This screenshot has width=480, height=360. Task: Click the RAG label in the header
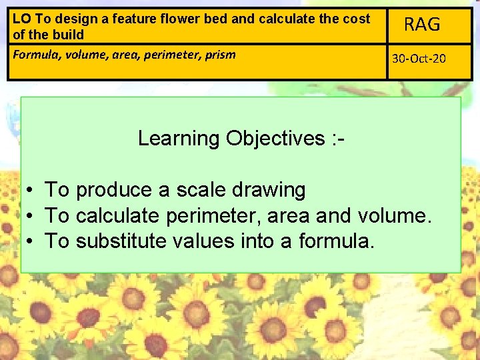pos(423,25)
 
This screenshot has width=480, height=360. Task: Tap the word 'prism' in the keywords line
pos(219,55)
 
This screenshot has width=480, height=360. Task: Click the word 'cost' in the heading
pos(355,19)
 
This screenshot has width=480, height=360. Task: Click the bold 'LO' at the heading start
pos(21,19)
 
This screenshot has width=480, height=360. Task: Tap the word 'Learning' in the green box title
pos(178,138)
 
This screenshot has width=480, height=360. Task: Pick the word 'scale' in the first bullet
pos(201,190)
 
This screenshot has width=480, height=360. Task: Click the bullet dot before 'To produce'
pos(31,191)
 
